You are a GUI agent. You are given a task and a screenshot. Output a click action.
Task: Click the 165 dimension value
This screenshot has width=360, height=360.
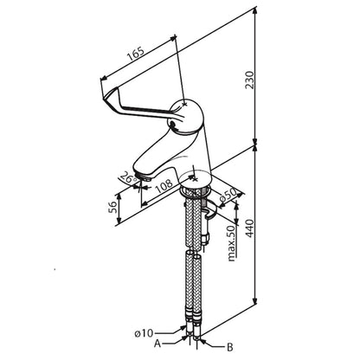(x=136, y=54)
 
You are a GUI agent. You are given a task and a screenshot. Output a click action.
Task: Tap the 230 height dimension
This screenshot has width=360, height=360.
(x=249, y=80)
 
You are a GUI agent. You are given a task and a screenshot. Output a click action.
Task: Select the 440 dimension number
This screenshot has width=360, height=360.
(x=249, y=228)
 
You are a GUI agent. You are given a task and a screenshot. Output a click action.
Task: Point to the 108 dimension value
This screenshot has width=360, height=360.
(x=164, y=187)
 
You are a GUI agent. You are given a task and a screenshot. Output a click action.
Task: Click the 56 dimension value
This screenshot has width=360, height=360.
(x=112, y=207)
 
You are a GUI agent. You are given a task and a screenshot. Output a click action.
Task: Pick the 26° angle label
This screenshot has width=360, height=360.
(x=129, y=177)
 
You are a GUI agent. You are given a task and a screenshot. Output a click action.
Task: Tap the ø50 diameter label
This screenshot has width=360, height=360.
(x=228, y=196)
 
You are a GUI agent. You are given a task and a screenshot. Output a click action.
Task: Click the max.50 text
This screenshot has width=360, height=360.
(x=232, y=244)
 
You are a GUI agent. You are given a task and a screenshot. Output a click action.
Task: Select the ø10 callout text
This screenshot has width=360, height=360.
(x=144, y=333)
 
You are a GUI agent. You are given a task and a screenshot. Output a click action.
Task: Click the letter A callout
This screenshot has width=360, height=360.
(x=157, y=344)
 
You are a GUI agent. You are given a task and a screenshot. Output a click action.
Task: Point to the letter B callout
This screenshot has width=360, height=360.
(x=229, y=347)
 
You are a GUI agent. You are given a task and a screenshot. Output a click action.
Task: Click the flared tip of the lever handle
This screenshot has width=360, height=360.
(x=110, y=94)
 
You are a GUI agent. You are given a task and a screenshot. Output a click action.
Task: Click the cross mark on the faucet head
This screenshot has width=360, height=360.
(x=185, y=103)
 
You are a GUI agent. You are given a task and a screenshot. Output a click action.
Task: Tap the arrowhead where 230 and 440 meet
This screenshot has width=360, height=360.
(x=255, y=142)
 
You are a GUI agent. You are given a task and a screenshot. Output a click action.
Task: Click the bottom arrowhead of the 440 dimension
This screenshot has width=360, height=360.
(x=254, y=300)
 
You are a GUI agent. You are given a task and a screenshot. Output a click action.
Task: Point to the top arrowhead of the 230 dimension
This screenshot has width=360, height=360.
(x=255, y=10)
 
